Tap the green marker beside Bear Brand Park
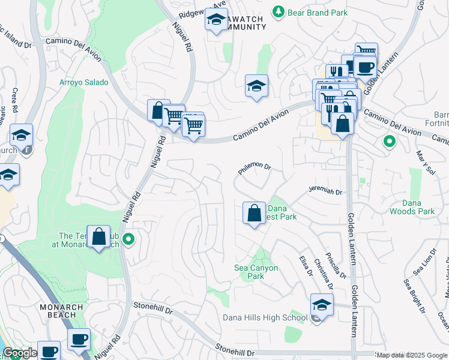[x=278, y=11]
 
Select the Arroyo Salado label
[x=83, y=82]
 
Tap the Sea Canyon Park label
[x=256, y=272]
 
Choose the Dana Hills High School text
[x=265, y=317]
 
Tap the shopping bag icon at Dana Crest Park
[x=254, y=212]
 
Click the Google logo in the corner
[x=20, y=353]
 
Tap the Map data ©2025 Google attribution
[x=412, y=355]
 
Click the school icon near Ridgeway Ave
[x=216, y=21]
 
